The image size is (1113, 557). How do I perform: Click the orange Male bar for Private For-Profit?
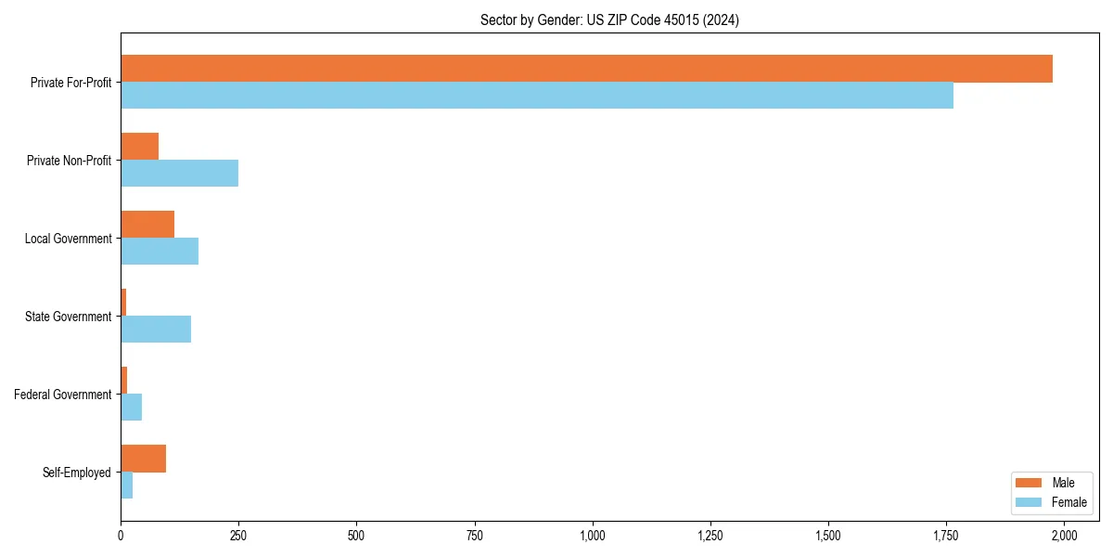[586, 69]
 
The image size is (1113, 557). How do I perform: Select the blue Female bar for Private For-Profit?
[537, 96]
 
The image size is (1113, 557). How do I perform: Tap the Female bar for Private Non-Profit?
[179, 174]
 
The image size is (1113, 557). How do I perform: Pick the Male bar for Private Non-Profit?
[139, 147]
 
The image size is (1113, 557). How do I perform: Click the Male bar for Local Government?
[147, 225]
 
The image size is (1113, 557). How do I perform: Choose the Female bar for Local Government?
[160, 252]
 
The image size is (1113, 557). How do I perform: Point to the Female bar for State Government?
[156, 330]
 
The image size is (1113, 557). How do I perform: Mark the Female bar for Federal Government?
[131, 408]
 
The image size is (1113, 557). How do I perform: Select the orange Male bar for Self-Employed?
[143, 459]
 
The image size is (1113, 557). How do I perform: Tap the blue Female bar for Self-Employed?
[127, 486]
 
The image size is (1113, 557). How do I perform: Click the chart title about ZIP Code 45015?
[609, 19]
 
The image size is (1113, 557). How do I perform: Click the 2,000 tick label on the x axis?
[1064, 536]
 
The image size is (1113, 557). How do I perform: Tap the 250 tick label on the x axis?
[238, 536]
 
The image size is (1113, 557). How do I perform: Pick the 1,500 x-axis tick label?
[828, 536]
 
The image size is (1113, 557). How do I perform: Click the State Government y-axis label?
[68, 317]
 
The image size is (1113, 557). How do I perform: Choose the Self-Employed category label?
[76, 473]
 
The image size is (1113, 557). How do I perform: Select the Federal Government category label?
[63, 395]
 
